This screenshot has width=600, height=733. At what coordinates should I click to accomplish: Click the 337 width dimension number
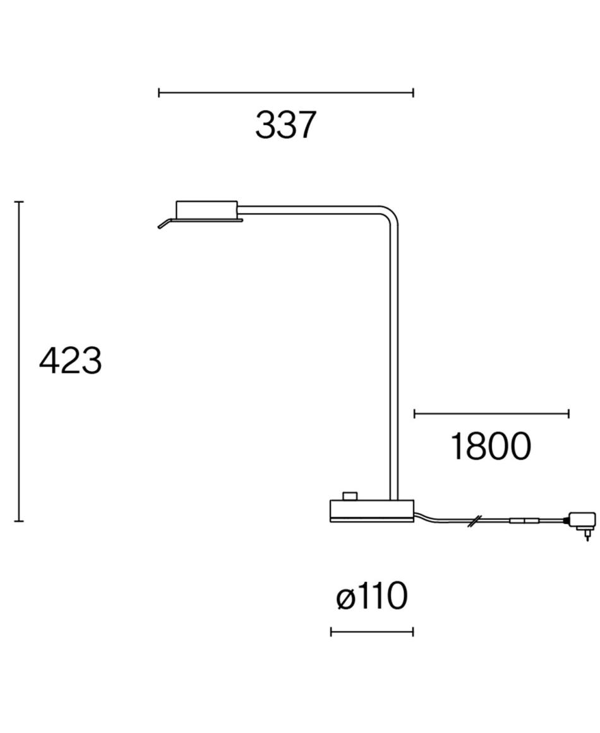tap(285, 125)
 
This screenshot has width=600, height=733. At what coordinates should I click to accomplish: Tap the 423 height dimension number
tap(70, 360)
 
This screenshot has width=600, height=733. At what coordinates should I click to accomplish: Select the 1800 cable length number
tap(491, 447)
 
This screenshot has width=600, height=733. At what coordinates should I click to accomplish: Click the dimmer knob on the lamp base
tap(349, 495)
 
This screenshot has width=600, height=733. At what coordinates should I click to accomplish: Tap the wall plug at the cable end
tap(581, 524)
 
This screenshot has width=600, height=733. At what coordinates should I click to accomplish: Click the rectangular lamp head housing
tap(207, 209)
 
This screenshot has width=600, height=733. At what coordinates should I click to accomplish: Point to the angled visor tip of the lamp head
tap(159, 227)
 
